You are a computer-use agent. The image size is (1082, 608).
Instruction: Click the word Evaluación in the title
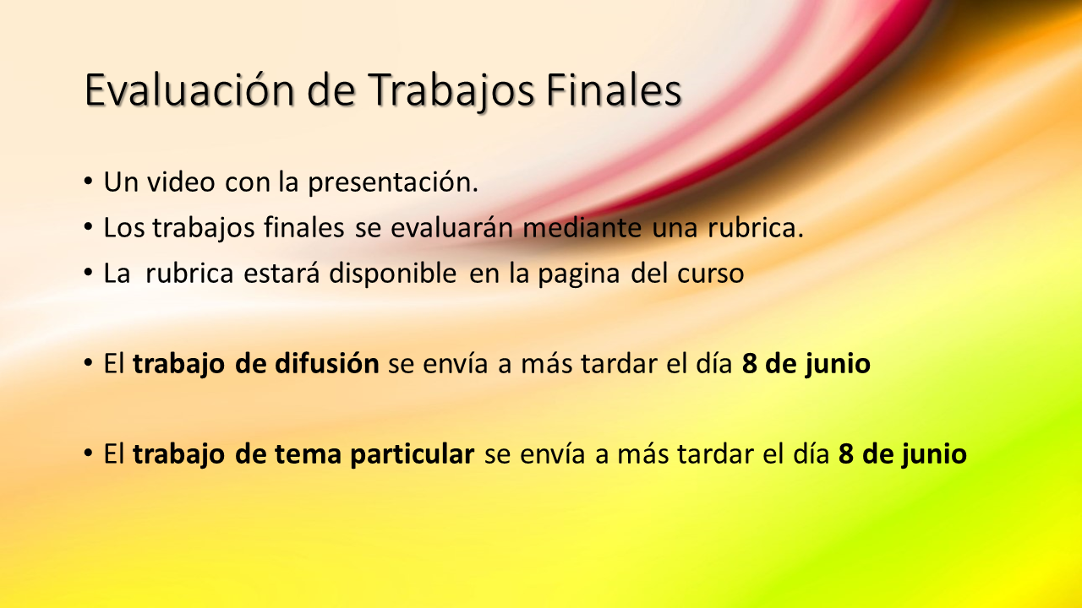pyautogui.click(x=189, y=90)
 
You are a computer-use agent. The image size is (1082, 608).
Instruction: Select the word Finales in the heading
pyautogui.click(x=614, y=90)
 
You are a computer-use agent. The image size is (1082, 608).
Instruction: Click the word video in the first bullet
pyautogui.click(x=181, y=182)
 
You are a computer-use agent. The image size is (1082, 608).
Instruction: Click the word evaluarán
pyautogui.click(x=451, y=227)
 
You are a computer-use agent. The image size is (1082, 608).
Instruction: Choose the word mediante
pyautogui.click(x=582, y=227)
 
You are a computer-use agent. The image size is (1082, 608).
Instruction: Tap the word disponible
pyautogui.click(x=393, y=273)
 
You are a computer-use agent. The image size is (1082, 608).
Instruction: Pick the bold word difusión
pyautogui.click(x=327, y=363)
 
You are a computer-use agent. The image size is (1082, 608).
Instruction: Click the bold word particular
pyautogui.click(x=413, y=455)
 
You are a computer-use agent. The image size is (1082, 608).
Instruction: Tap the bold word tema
pyautogui.click(x=309, y=454)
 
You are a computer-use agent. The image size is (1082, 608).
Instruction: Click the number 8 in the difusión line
pyautogui.click(x=749, y=364)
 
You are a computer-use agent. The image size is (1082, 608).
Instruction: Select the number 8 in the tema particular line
pyautogui.click(x=846, y=454)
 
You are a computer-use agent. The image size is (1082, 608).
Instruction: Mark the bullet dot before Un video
pyautogui.click(x=88, y=182)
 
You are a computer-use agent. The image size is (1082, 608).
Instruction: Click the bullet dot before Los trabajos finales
pyautogui.click(x=88, y=227)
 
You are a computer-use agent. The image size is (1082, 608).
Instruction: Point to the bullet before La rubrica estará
pyautogui.click(x=88, y=273)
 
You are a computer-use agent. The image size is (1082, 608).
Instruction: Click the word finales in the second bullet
pyautogui.click(x=303, y=227)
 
